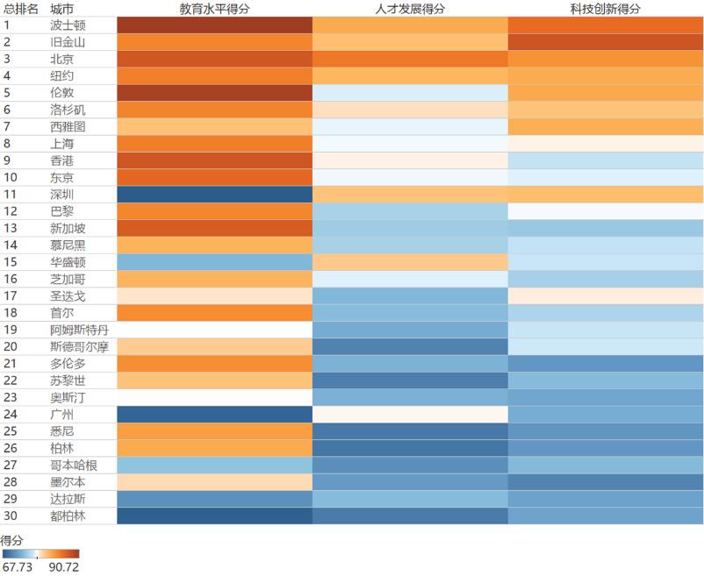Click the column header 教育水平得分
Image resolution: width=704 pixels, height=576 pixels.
pyautogui.click(x=214, y=8)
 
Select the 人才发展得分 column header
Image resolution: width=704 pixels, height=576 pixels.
pyautogui.click(x=410, y=8)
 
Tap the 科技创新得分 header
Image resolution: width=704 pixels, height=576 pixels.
pyautogui.click(x=606, y=8)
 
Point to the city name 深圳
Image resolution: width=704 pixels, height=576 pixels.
pyautogui.click(x=62, y=194)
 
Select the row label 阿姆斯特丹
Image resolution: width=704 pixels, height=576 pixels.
pyautogui.click(x=80, y=330)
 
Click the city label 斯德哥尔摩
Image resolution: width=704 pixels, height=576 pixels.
pyautogui.click(x=80, y=346)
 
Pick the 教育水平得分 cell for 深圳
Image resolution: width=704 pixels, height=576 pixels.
pyautogui.click(x=214, y=194)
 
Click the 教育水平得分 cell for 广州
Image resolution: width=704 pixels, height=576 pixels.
pyautogui.click(x=214, y=415)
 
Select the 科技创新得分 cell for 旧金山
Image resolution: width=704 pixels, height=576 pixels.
pyautogui.click(x=606, y=41)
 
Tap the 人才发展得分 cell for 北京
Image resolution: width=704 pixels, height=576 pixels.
pyautogui.click(x=410, y=59)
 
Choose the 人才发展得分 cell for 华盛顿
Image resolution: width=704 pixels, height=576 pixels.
pyautogui.click(x=410, y=262)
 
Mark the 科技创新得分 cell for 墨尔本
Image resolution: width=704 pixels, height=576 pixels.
pyautogui.click(x=606, y=482)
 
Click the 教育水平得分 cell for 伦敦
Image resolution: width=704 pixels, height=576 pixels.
pyautogui.click(x=214, y=92)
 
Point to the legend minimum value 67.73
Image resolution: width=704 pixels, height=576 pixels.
pyautogui.click(x=18, y=568)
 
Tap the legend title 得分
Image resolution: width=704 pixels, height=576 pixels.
pyautogui.click(x=11, y=540)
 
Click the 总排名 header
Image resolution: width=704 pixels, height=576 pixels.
pyautogui.click(x=21, y=8)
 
